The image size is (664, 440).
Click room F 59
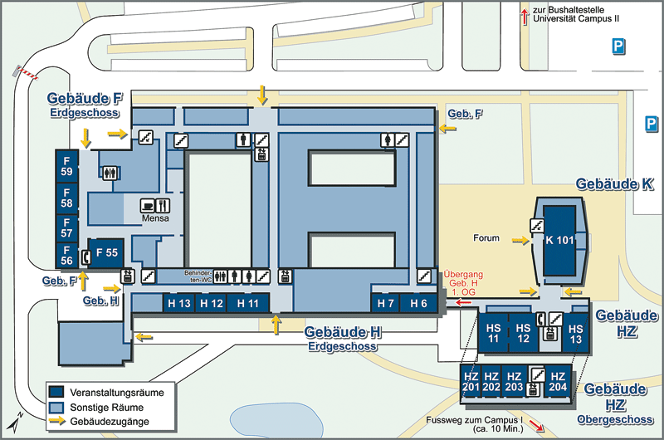pyautogui.click(x=67, y=166)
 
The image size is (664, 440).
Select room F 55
pyautogui.click(x=107, y=253)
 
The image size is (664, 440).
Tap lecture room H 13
pyautogui.click(x=179, y=303)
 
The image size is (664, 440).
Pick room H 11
pyautogui.click(x=247, y=303)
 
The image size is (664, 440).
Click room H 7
pyautogui.click(x=385, y=303)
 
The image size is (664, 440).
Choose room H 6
pyautogui.click(x=418, y=303)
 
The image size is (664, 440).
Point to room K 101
pyautogui.click(x=559, y=240)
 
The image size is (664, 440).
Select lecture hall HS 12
pyautogui.click(x=524, y=333)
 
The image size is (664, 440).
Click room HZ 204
pyautogui.click(x=558, y=382)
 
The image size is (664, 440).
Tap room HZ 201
pyautogui.click(x=471, y=382)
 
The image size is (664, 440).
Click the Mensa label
pyautogui.click(x=155, y=218)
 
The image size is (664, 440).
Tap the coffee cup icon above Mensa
pyautogui.click(x=148, y=205)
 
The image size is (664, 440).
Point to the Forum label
pyautogui.click(x=486, y=238)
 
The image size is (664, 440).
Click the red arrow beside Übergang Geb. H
pyautogui.click(x=463, y=302)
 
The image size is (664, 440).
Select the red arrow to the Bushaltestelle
pyautogui.click(x=525, y=17)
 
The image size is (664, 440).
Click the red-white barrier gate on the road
pyautogui.click(x=27, y=73)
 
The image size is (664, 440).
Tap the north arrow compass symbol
pyautogui.click(x=15, y=422)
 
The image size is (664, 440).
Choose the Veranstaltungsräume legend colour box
pyautogui.click(x=56, y=392)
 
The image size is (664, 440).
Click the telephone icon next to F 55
pyautogui.click(x=86, y=257)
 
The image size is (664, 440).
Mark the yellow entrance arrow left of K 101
pyautogui.click(x=520, y=241)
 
